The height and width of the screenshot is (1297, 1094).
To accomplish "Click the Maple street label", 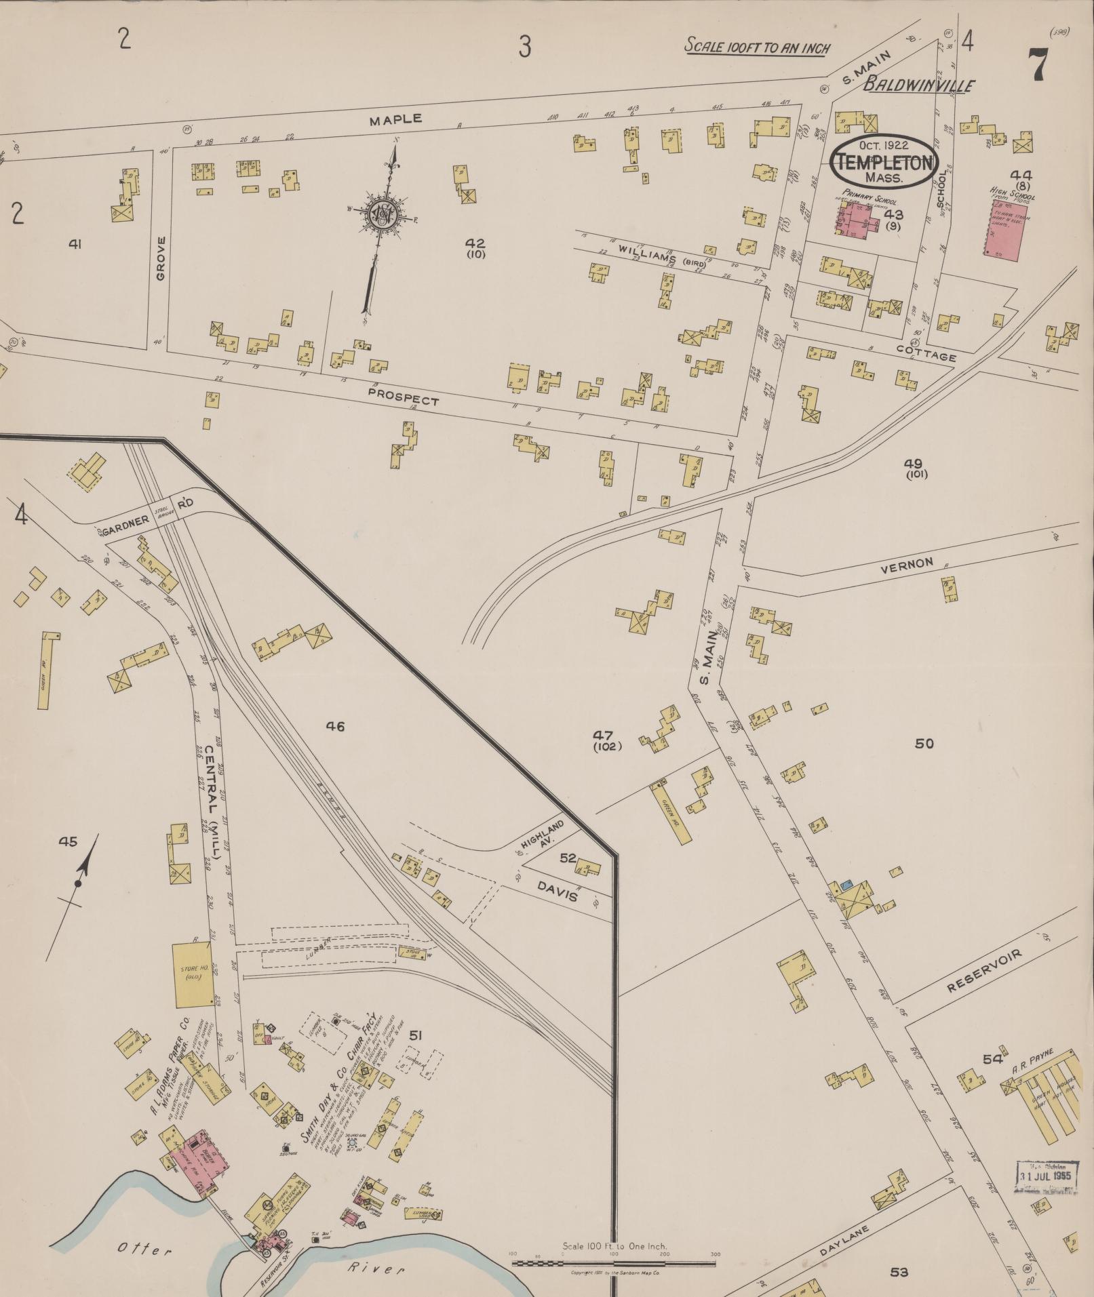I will click(x=395, y=120).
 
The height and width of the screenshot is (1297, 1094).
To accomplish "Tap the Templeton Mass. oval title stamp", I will click(x=884, y=162).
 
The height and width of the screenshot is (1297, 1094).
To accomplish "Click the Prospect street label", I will click(x=404, y=396).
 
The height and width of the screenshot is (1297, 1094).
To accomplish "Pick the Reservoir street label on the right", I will click(x=983, y=971).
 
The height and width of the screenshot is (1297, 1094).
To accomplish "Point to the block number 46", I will click(x=335, y=727).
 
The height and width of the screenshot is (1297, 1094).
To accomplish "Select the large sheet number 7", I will click(x=1038, y=65).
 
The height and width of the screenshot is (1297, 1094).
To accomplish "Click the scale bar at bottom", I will click(x=614, y=1262).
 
